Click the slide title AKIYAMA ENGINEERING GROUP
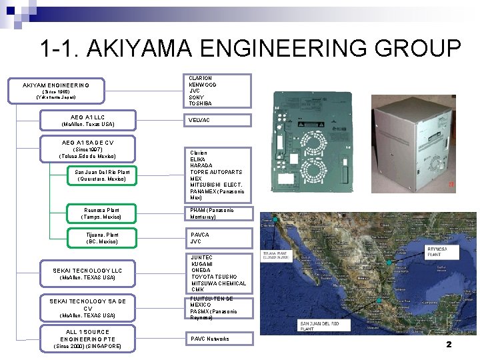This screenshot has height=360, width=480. (250, 49)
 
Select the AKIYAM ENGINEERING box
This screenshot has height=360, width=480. (56, 91)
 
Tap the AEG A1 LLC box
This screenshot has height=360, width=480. (87, 121)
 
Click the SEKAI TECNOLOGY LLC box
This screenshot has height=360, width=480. (87, 273)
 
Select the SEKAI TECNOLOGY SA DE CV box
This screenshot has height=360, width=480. (87, 308)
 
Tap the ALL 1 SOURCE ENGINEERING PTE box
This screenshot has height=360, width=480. (87, 339)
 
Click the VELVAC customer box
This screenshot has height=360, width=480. (218, 120)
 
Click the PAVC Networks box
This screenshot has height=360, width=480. (218, 339)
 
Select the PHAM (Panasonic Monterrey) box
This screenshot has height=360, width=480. (218, 214)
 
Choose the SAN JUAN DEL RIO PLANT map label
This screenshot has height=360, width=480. (319, 325)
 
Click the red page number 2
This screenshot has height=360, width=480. (449, 345)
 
